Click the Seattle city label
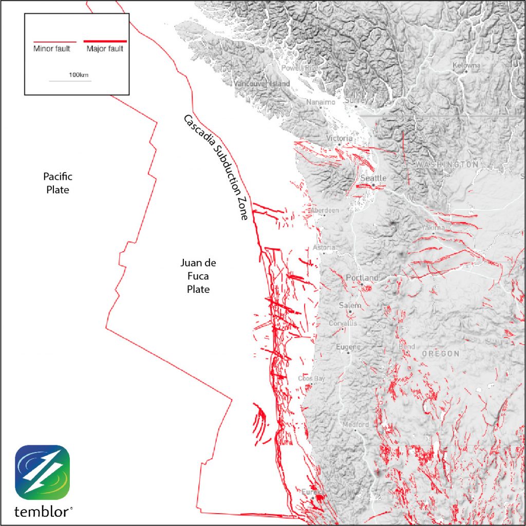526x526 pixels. pyautogui.click(x=373, y=178)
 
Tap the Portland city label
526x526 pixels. pyautogui.click(x=362, y=278)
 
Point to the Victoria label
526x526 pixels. pyautogui.click(x=340, y=138)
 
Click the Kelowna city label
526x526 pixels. pyautogui.click(x=466, y=65)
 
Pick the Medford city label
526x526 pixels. pyautogui.click(x=356, y=425)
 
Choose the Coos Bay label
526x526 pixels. pyautogui.click(x=311, y=379)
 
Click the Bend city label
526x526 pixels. pyautogui.click(x=407, y=347)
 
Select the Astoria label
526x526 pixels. pyautogui.click(x=325, y=248)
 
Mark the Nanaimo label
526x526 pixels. pyautogui.click(x=321, y=102)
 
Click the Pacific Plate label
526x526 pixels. pyautogui.click(x=57, y=183)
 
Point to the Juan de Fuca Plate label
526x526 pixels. pyautogui.click(x=198, y=276)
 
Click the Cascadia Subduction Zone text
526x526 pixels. pyautogui.click(x=216, y=167)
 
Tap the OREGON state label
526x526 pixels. pyautogui.click(x=440, y=354)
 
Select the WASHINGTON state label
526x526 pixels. pyautogui.click(x=446, y=164)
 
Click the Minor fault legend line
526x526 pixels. pyautogui.click(x=54, y=41)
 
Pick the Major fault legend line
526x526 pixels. pyautogui.click(x=105, y=41)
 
